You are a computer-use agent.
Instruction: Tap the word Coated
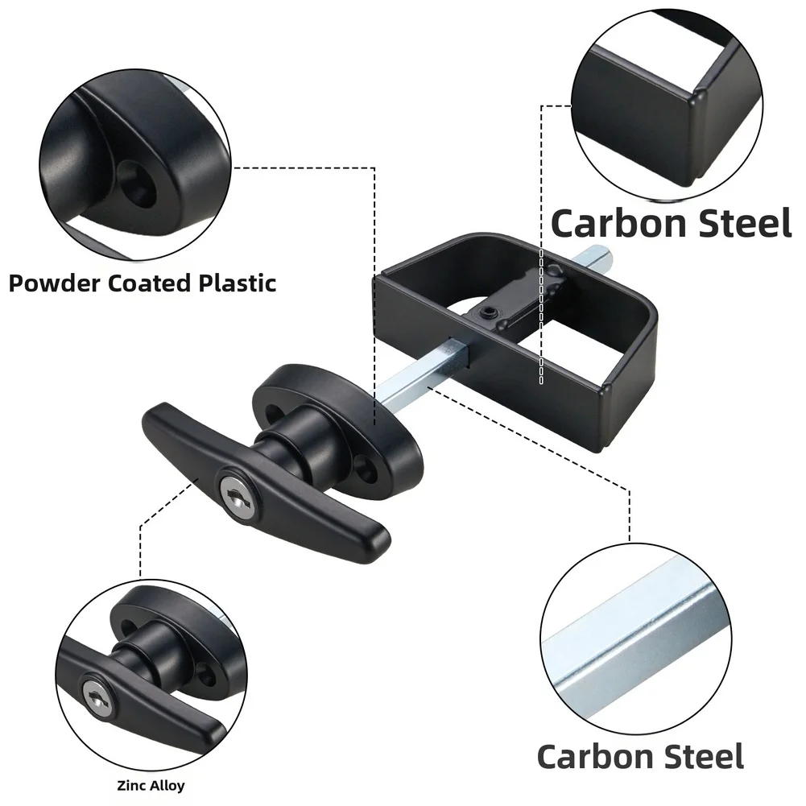tap(150, 283)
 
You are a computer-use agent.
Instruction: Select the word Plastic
tap(238, 283)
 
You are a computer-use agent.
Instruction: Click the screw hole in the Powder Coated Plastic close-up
tap(136, 184)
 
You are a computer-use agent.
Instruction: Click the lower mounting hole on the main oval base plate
tap(367, 469)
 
